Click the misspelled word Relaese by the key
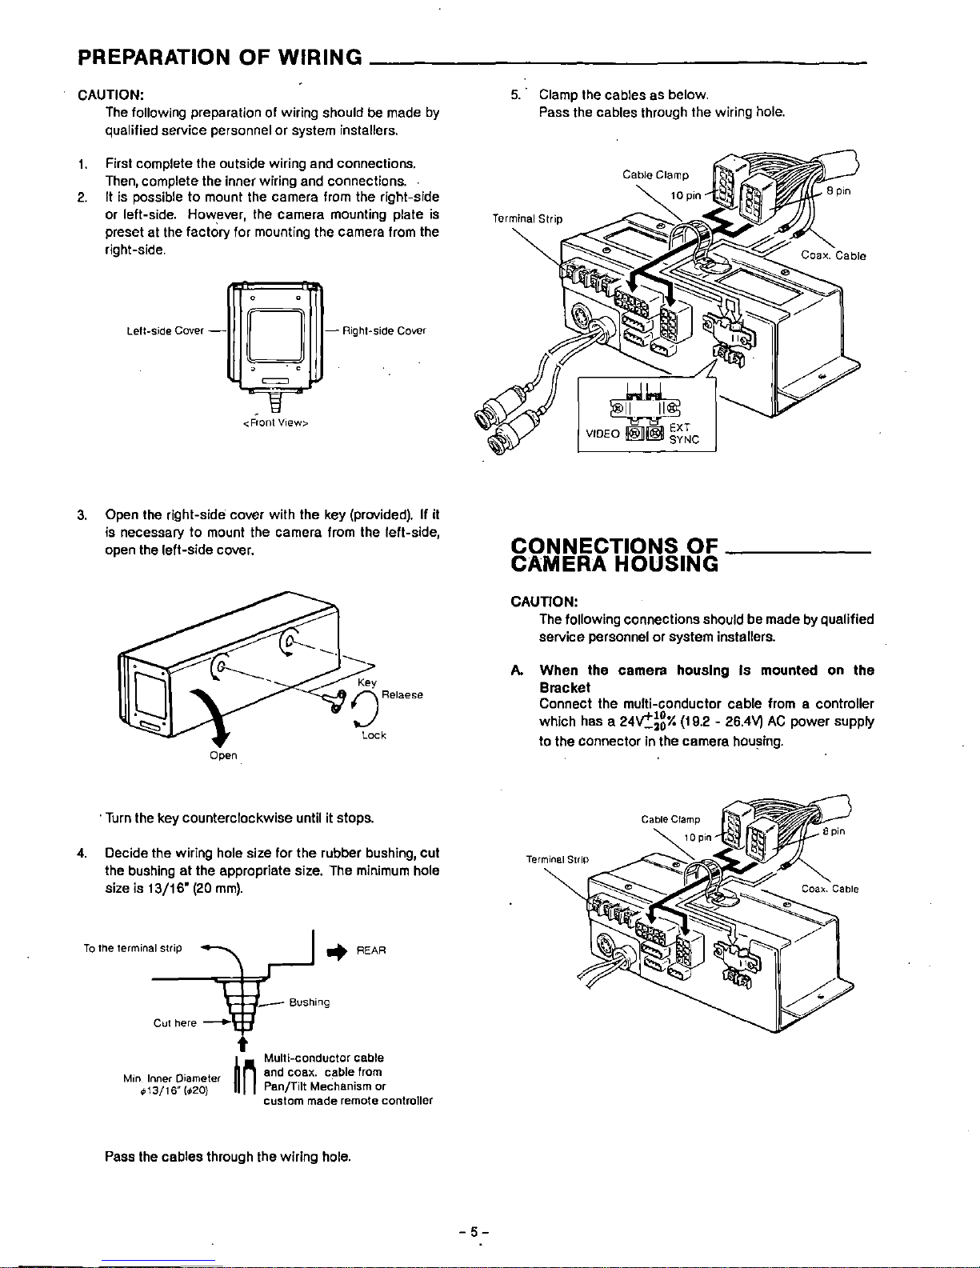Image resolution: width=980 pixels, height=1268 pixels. point(402,695)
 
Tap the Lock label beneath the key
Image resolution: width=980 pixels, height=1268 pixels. point(374,735)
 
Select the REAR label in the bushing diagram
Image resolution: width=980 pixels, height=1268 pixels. point(371,950)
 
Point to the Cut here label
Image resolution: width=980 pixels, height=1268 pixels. point(175,1022)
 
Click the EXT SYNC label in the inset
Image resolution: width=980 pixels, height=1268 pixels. point(684,434)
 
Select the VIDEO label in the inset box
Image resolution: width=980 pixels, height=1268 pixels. point(602,434)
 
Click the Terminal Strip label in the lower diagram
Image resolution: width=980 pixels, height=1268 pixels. point(557,858)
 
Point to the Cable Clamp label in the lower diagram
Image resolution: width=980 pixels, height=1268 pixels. point(670,819)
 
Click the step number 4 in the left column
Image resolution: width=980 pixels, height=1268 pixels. point(82,851)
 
